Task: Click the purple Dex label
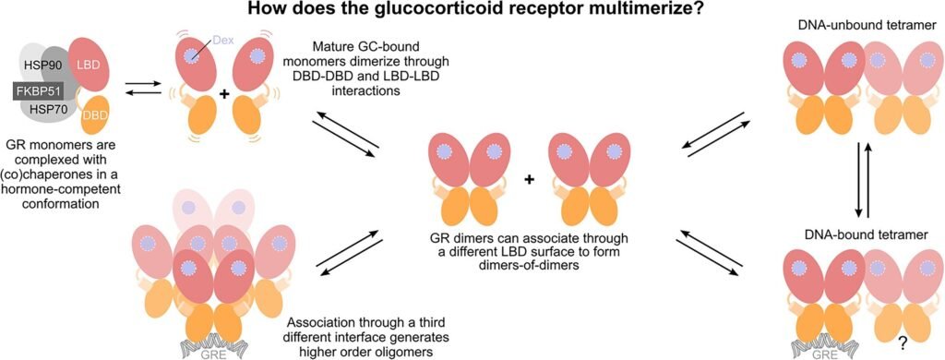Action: [222, 41]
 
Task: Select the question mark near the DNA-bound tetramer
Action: [895, 343]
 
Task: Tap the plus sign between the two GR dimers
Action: [530, 179]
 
